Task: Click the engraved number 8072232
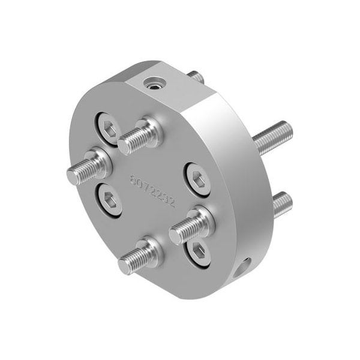(152, 191)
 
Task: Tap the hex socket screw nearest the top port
(108, 128)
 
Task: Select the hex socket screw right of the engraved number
(197, 178)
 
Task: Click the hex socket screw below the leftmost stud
(109, 200)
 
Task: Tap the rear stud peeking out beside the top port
(195, 77)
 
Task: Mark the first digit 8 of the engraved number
(134, 179)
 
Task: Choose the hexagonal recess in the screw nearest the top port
(109, 128)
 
